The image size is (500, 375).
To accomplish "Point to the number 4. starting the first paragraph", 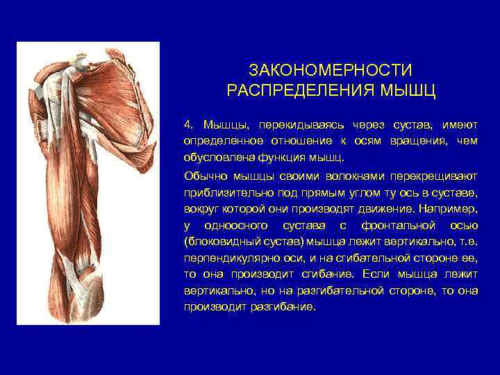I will pos(189,124).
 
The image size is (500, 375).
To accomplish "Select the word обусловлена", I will pos(214,157).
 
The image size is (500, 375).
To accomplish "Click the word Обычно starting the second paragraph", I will pos(203,176).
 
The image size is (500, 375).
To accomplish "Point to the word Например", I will pos(447,209).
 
